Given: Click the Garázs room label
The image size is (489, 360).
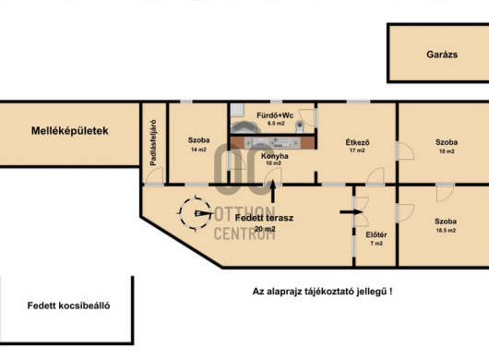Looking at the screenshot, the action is click(442, 54).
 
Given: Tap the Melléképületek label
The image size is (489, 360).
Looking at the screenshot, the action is click(69, 131).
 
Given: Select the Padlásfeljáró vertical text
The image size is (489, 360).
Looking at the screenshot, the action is click(153, 142).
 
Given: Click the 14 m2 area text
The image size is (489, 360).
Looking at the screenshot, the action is click(198, 150).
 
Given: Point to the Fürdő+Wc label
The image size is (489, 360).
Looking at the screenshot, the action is click(275, 115).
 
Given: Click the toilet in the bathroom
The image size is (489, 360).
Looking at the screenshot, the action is click(300, 126).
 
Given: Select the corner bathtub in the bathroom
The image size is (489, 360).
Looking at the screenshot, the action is click(244, 127).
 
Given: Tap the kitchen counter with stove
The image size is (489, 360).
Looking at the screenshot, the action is click(273, 143).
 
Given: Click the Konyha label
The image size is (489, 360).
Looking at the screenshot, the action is click(274, 156).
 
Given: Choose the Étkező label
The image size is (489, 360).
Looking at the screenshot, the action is click(357, 142).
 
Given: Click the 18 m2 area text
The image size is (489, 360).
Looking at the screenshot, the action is click(447, 151).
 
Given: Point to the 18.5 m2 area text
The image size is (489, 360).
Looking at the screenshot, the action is click(446, 231).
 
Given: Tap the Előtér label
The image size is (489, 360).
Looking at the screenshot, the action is click(376, 234).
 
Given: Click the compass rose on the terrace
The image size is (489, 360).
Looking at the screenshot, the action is click(196, 213).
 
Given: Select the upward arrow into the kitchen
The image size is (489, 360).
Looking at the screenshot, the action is click(273, 191).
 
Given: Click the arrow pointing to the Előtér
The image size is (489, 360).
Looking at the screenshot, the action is click(352, 212).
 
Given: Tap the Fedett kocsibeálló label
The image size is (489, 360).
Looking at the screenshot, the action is click(68, 306).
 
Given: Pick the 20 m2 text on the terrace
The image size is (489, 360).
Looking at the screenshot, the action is click(265, 229).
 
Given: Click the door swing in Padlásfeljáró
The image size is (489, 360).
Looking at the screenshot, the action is click(155, 175).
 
